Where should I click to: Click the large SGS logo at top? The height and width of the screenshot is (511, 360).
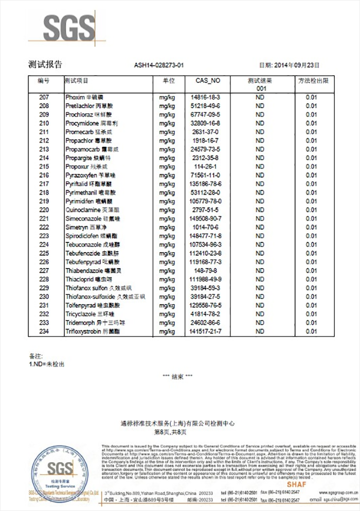62,28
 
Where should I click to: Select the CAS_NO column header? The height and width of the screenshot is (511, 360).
208,81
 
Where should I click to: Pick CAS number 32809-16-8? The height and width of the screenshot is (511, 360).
205,123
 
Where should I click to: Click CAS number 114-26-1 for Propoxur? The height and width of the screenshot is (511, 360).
205,167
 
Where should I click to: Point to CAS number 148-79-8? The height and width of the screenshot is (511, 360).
205,271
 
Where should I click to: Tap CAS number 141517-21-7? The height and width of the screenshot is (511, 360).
205,331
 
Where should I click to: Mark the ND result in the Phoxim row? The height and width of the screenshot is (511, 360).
260,97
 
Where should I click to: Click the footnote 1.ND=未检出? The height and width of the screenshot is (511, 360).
46,364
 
